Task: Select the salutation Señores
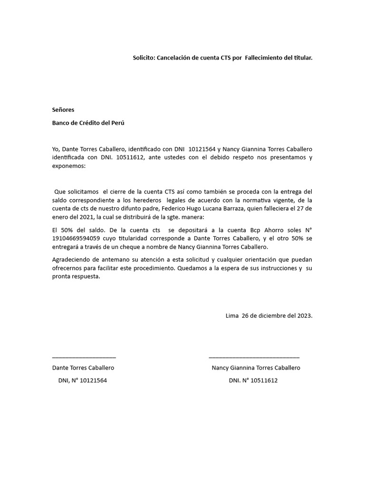pyautogui.click(x=63, y=110)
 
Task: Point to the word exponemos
pyautogui.click(x=69, y=166)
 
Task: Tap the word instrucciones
pyautogui.click(x=275, y=268)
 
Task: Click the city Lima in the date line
pyautogui.click(x=232, y=315)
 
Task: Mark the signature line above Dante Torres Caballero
pyautogui.click(x=84, y=357)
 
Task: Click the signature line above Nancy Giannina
pyautogui.click(x=254, y=357)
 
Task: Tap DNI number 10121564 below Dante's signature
pyautogui.click(x=91, y=380)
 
